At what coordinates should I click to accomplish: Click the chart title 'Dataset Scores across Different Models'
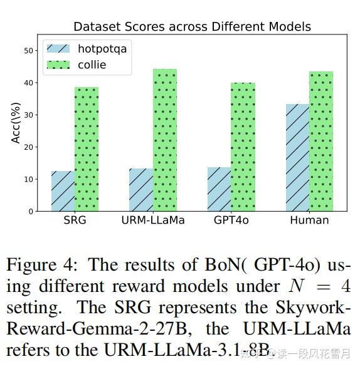point(192,26)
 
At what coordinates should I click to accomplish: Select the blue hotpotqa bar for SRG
point(63,191)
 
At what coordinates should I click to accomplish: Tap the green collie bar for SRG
point(87,149)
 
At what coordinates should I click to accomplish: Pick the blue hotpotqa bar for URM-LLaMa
point(141,190)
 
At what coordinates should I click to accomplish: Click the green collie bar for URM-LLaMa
point(165,140)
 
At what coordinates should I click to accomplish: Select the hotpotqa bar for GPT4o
point(220,189)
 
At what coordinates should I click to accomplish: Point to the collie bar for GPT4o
point(243,147)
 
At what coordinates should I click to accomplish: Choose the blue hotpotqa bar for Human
point(297,158)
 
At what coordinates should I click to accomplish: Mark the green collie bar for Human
point(321,142)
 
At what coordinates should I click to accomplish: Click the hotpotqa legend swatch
point(58,49)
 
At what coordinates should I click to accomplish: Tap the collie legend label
point(92,65)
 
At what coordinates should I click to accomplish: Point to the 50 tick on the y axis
point(28,51)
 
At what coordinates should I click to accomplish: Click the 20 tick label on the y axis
point(28,147)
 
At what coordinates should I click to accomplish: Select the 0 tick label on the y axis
point(30,212)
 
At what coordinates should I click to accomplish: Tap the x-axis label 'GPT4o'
point(231,221)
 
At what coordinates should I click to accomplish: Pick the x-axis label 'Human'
point(309,221)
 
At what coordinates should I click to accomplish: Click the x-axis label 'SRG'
point(75,221)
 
